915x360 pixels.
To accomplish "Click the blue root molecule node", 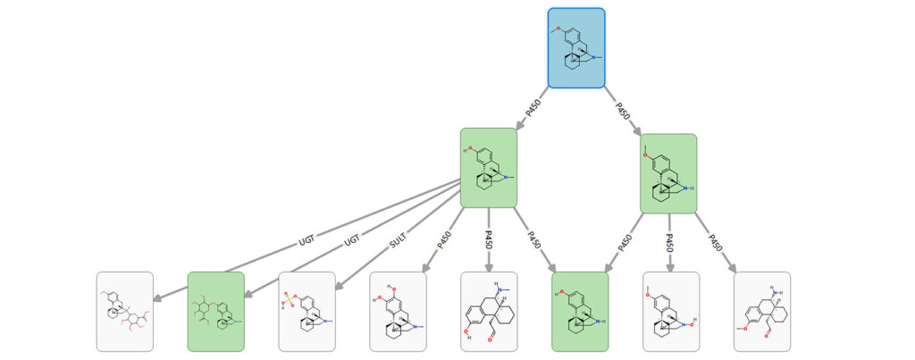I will pyautogui.click(x=576, y=48).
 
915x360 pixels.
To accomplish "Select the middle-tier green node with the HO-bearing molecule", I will pyautogui.click(x=489, y=168).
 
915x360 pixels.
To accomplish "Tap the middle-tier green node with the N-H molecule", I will pyautogui.click(x=668, y=173).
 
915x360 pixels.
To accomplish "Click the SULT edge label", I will pyautogui.click(x=398, y=240).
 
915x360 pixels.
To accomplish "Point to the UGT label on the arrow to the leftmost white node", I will pyautogui.click(x=307, y=240).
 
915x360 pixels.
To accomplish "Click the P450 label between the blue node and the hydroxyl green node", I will pyautogui.click(x=533, y=108).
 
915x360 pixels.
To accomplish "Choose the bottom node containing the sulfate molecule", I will pyautogui.click(x=306, y=311).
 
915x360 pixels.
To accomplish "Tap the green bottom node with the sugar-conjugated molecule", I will pyautogui.click(x=215, y=311).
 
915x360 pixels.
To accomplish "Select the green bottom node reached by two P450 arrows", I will pyautogui.click(x=580, y=311).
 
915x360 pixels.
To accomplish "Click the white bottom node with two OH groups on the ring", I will pyautogui.click(x=398, y=311).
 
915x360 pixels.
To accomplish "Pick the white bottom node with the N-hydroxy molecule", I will pyautogui.click(x=671, y=311).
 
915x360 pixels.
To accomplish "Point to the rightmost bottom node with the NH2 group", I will pyautogui.click(x=762, y=311).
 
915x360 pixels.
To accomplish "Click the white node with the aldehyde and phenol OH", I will pyautogui.click(x=489, y=311).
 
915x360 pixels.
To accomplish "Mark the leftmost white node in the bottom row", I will pyautogui.click(x=125, y=311).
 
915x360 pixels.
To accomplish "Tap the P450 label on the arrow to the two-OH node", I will pyautogui.click(x=444, y=240).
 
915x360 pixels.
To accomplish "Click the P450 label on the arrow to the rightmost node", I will pyautogui.click(x=714, y=240).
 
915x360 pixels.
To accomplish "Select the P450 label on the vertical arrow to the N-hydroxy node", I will pyautogui.click(x=669, y=241).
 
